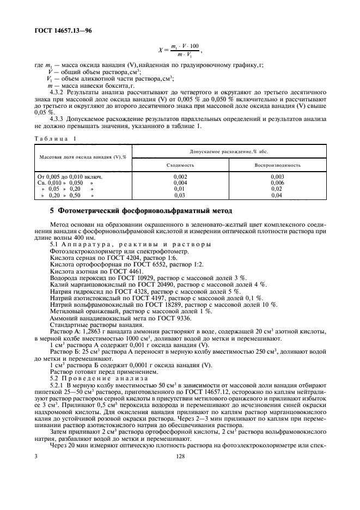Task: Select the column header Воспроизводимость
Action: tap(277, 164)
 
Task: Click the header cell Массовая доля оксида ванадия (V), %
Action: tap(82, 157)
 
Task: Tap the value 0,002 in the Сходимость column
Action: tap(180, 177)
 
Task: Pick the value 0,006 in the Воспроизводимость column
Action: tap(277, 183)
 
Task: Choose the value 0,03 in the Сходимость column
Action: tap(180, 195)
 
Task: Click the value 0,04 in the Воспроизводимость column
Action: tap(277, 195)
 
